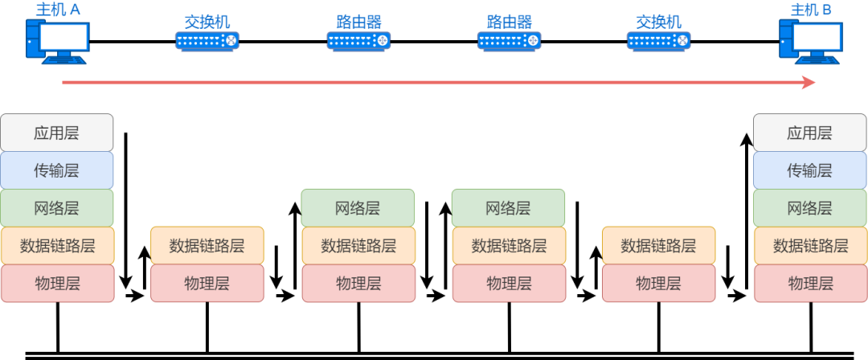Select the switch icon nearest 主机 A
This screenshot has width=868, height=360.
click(x=207, y=40)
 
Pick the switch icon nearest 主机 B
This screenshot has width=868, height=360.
click(x=658, y=40)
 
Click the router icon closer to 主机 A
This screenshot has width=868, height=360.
click(x=358, y=40)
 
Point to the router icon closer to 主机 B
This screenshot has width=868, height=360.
click(x=509, y=40)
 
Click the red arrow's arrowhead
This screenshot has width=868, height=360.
click(x=809, y=83)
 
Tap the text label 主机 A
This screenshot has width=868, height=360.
click(x=57, y=10)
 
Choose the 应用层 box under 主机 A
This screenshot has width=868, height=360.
click(x=57, y=133)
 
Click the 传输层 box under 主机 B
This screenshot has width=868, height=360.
click(x=810, y=170)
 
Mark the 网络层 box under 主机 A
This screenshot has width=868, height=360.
click(x=57, y=208)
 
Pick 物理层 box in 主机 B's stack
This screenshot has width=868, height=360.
click(x=810, y=283)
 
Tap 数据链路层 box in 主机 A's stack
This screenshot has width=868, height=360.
click(x=57, y=245)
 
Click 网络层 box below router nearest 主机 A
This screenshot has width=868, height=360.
click(x=358, y=208)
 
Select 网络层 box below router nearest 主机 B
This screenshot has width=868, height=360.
click(x=509, y=208)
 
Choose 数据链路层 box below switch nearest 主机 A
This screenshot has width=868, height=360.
click(x=207, y=245)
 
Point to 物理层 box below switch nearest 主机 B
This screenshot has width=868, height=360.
click(x=658, y=283)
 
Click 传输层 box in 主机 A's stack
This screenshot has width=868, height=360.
click(x=57, y=170)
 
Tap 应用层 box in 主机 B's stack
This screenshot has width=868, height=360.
click(x=810, y=133)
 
